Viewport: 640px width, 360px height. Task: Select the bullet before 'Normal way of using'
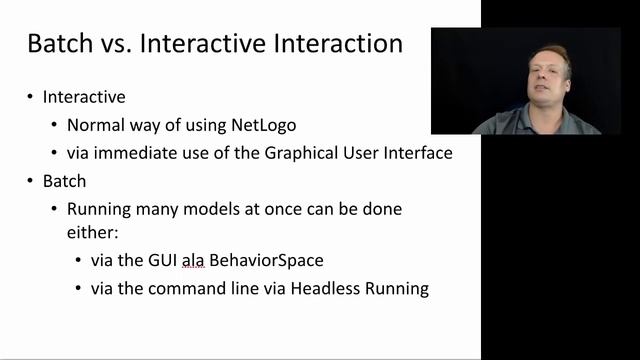pos(54,126)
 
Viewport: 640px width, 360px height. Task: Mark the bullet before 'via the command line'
pos(79,289)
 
